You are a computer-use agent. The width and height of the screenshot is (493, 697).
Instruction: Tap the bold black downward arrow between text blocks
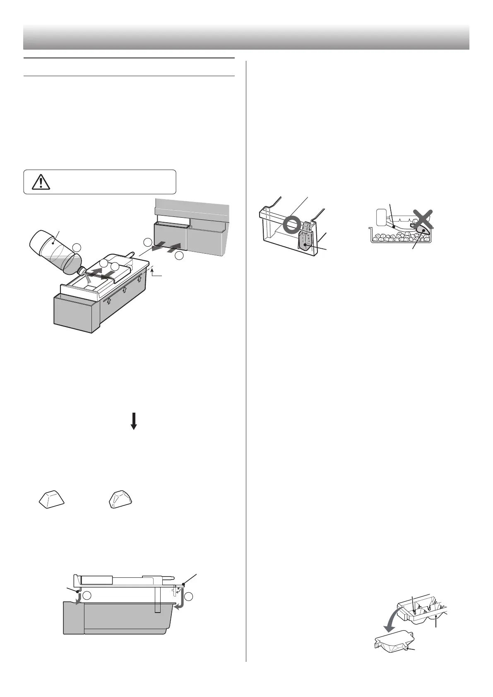133,421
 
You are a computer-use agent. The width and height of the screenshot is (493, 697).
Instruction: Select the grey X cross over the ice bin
421,219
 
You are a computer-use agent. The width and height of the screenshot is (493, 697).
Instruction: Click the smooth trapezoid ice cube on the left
51,499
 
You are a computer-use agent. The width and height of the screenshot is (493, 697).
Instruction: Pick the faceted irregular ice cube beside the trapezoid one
120,499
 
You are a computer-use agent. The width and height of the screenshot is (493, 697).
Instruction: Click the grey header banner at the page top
246,37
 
